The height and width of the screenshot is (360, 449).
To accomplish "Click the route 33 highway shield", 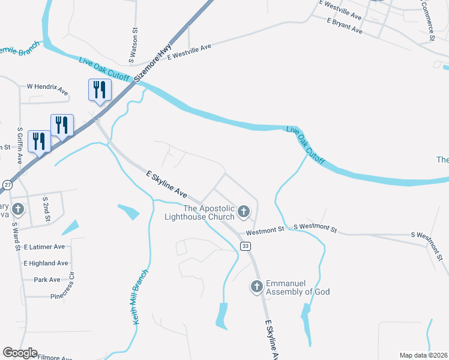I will click(244, 246).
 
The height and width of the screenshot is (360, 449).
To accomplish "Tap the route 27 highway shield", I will click(6, 185).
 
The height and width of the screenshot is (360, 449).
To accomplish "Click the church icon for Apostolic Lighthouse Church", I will click(244, 211).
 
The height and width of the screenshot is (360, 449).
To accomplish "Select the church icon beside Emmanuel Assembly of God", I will click(256, 287).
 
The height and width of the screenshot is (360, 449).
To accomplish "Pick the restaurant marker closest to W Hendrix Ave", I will click(98, 90).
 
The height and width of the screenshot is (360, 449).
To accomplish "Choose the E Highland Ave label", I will click(46, 263).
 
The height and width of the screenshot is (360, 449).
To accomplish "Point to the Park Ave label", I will click(47, 280).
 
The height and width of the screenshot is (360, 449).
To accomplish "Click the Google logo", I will click(20, 353).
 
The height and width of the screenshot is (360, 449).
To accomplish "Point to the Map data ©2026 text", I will click(423, 355).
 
